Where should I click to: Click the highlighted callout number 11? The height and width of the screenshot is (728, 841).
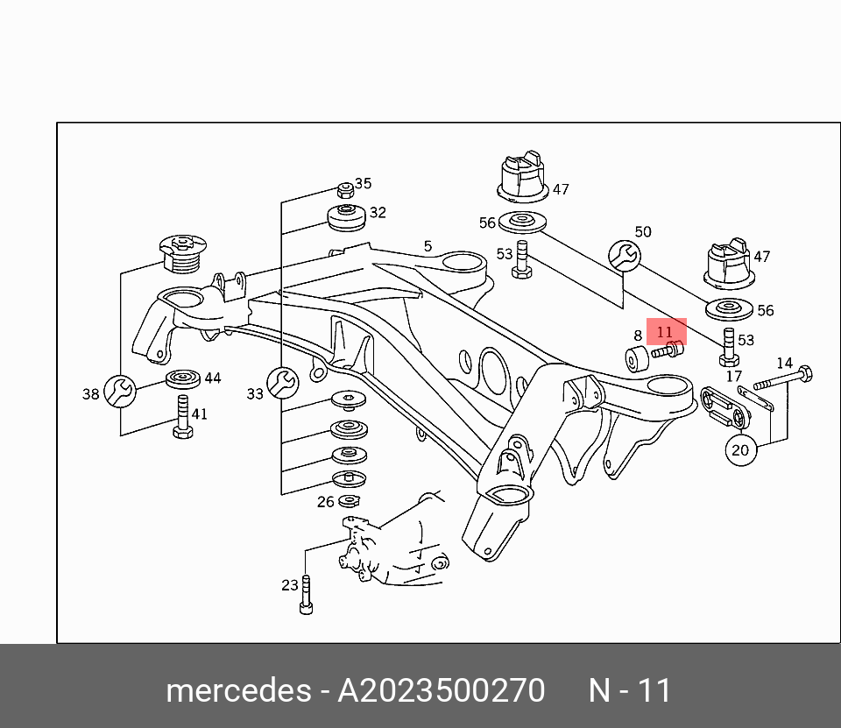(665, 332)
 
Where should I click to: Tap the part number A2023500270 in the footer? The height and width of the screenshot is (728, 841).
(442, 691)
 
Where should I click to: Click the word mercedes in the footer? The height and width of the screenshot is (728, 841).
(237, 691)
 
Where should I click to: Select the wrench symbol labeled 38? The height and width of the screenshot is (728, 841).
(120, 391)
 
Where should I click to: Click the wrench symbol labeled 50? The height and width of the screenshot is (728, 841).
(624, 255)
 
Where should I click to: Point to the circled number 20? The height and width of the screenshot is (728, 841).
(740, 450)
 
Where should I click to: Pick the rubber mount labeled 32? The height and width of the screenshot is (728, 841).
(345, 216)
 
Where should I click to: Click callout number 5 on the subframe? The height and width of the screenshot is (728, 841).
(428, 246)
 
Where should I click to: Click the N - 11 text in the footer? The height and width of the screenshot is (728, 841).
(630, 691)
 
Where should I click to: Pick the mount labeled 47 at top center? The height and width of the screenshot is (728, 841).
(522, 178)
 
